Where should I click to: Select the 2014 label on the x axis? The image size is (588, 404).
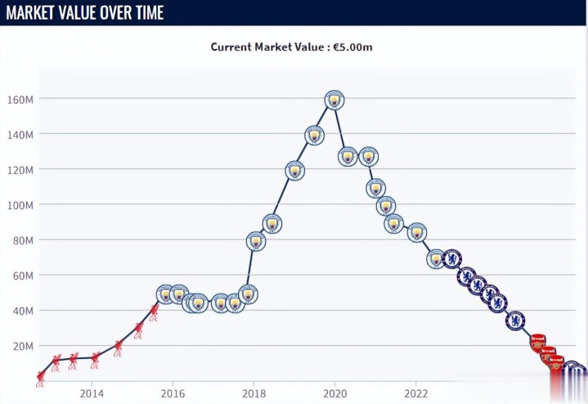click(x=92, y=393)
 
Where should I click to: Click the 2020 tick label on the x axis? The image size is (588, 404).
click(x=334, y=393)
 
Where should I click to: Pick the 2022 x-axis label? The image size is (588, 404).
click(x=416, y=393)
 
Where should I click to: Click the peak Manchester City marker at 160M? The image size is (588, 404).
click(x=333, y=100)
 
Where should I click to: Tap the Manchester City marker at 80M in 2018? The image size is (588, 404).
click(x=256, y=241)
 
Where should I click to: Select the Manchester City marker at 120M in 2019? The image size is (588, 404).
click(x=295, y=171)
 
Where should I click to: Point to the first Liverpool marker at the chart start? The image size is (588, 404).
click(x=40, y=379)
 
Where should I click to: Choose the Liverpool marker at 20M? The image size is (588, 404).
click(x=118, y=347)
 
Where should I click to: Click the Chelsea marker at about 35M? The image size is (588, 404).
click(x=514, y=321)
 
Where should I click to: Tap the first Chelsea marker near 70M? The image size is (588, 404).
click(x=451, y=259)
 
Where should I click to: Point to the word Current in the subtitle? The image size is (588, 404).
click(x=231, y=47)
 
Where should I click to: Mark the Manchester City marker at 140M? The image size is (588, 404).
click(x=314, y=135)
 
